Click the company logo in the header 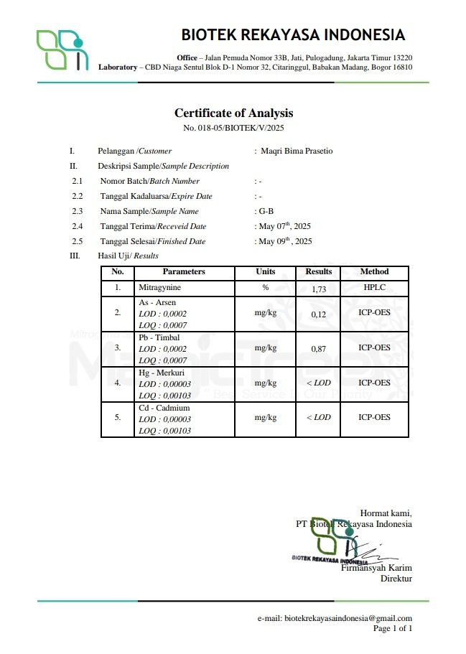pos(62,50)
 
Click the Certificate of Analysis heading pos(233,113)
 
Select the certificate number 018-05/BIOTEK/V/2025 pos(233,128)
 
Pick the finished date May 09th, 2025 pos(285,241)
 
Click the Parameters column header pos(184,272)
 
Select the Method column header pos(374,272)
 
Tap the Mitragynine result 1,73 pos(319,289)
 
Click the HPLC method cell pos(374,288)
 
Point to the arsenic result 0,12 pos(319,314)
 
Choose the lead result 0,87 pos(319,349)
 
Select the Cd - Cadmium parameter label pos(164,407)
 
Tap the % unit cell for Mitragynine pos(265,288)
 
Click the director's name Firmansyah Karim pos(376,568)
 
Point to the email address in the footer pos(335,618)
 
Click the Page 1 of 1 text pos(393,629)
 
